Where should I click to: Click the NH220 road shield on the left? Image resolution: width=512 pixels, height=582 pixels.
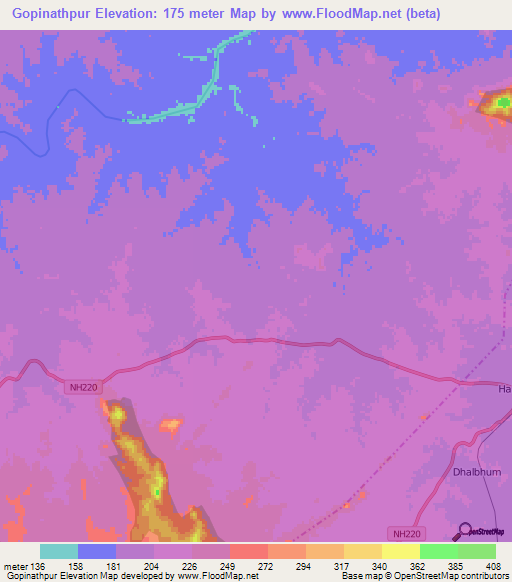(84, 387)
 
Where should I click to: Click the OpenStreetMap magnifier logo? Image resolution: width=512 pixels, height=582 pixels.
(462, 530)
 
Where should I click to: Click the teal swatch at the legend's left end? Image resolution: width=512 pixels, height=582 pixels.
(59, 551)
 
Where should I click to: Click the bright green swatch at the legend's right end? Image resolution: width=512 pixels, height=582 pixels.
(477, 551)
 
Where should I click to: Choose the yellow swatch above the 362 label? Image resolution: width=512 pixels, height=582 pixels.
(401, 551)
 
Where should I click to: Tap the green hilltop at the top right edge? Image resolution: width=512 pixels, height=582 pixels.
(501, 103)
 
